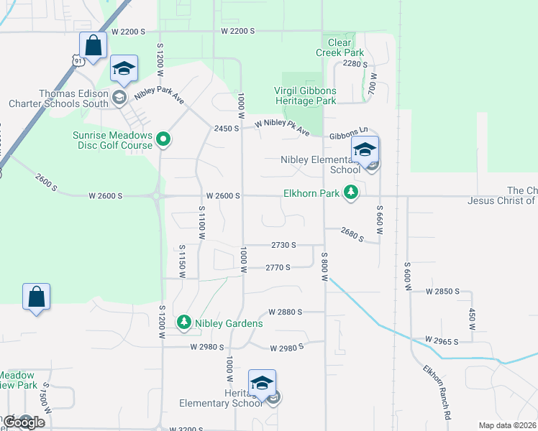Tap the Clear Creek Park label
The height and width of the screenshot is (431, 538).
pyautogui.click(x=339, y=47)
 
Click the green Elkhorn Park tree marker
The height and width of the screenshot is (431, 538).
pyautogui.click(x=351, y=193)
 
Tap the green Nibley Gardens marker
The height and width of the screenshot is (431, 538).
pyautogui.click(x=185, y=323)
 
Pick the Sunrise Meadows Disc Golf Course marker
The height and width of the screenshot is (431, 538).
pyautogui.click(x=163, y=139)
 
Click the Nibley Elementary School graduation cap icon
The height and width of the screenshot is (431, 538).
pyautogui.click(x=365, y=150)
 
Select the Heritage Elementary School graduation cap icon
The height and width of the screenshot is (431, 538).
pyautogui.click(x=262, y=383)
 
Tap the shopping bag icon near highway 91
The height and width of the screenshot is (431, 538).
pyautogui.click(x=94, y=46)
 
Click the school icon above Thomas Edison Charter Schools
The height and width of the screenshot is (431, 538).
pyautogui.click(x=124, y=69)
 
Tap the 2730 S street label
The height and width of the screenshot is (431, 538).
pyautogui.click(x=284, y=245)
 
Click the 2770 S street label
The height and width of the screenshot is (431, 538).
pyautogui.click(x=278, y=267)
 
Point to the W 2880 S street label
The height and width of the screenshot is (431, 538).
pyautogui.click(x=286, y=312)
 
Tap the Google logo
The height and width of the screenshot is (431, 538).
pyautogui.click(x=23, y=422)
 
